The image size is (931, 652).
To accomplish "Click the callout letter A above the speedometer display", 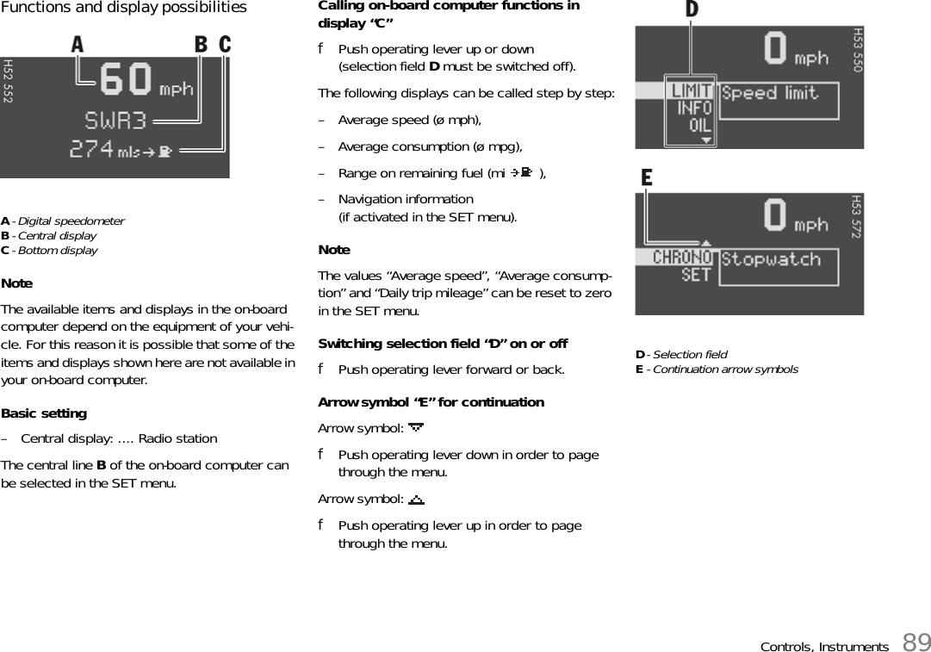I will [78, 44].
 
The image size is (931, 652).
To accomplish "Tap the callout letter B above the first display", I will [201, 44].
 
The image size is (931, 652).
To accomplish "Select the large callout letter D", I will [692, 10].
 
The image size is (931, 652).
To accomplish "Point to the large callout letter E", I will [647, 178].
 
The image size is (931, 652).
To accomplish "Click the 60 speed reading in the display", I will [127, 81].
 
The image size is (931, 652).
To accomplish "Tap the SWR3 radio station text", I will [115, 119].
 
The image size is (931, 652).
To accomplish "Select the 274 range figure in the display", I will [91, 149].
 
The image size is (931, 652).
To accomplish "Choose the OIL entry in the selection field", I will [699, 125].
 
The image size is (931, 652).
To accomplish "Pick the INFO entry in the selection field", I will [694, 109].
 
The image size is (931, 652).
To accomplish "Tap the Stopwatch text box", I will [778, 266].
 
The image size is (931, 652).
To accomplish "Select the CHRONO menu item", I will [683, 257].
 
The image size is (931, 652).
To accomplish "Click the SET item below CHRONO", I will [696, 275].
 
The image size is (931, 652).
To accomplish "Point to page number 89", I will [917, 642].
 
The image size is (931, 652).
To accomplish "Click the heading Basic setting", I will [44, 413].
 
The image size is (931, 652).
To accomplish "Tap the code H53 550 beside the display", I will [857, 49].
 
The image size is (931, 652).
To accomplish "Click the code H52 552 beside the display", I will [8, 81].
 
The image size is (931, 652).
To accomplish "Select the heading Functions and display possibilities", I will [124, 8].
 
